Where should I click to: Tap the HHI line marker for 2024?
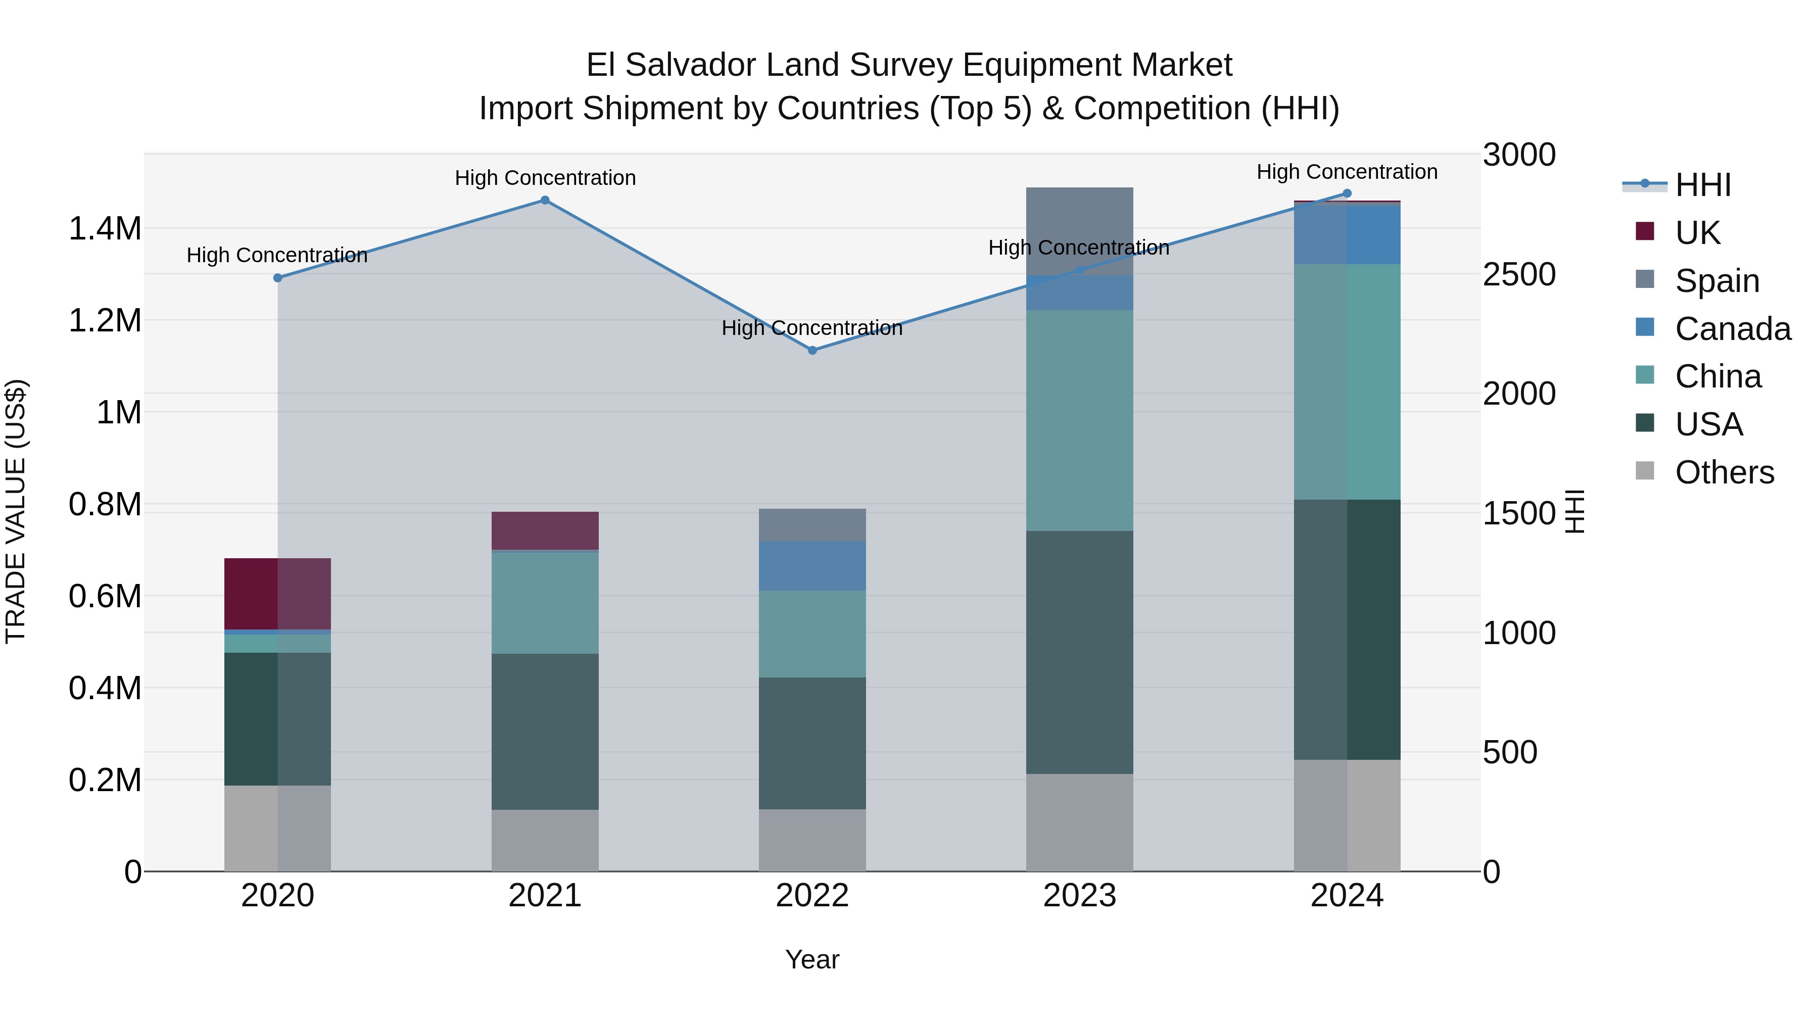1347,193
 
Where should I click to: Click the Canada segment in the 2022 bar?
812,566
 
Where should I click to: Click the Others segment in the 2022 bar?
812,840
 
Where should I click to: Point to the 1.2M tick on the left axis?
105,320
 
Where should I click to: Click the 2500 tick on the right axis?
1519,275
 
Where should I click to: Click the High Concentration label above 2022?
812,328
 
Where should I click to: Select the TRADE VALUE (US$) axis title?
16,511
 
